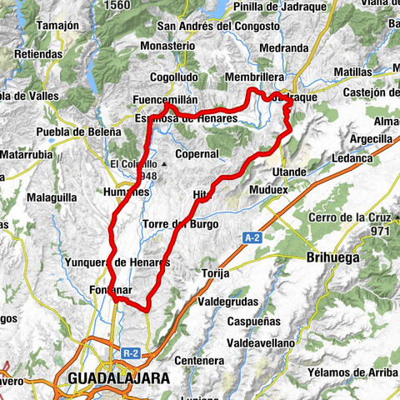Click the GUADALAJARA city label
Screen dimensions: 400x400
(117, 377)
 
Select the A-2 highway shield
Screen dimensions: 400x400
(254, 238)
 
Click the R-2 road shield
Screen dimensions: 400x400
(129, 353)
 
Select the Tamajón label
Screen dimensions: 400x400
(49, 26)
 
